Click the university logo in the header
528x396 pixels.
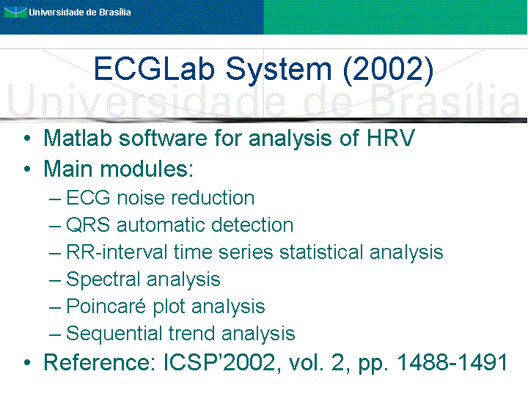15,12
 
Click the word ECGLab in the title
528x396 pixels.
154,69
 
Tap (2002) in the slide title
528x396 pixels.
388,70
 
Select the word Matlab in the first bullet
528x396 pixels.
78,138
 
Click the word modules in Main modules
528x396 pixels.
147,169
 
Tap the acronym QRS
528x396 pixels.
88,225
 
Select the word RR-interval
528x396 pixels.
117,252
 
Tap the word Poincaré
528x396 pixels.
106,306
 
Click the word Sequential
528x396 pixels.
114,334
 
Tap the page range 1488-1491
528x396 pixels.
452,362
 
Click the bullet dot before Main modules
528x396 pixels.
27,169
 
